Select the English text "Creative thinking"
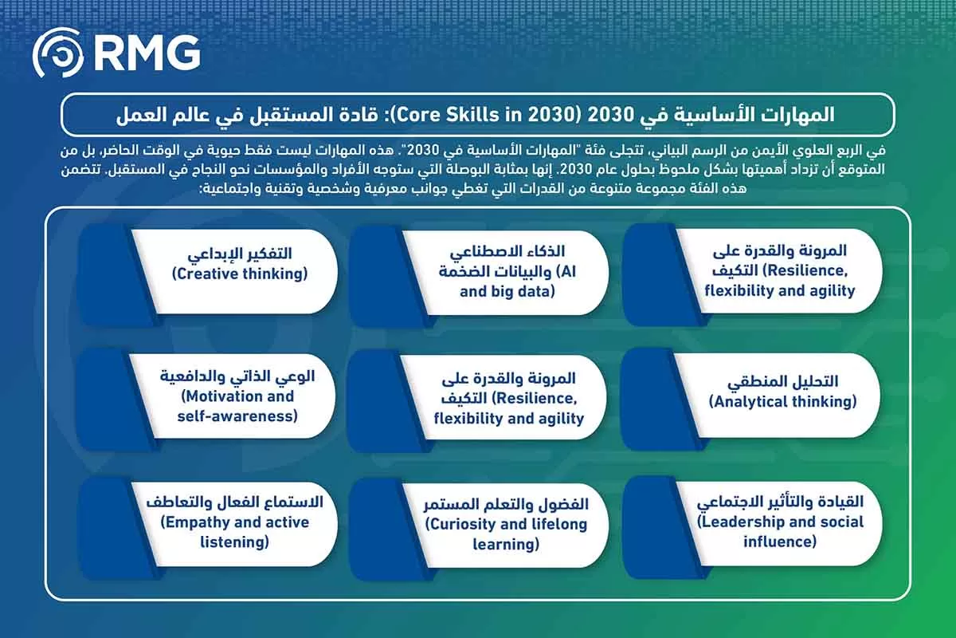(x=240, y=274)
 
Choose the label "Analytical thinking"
(x=782, y=402)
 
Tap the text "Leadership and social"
(x=780, y=522)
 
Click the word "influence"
(x=780, y=542)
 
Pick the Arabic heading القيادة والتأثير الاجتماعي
(x=780, y=502)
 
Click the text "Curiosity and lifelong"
(x=506, y=524)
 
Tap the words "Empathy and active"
(x=234, y=522)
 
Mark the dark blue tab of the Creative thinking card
(x=108, y=272)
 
